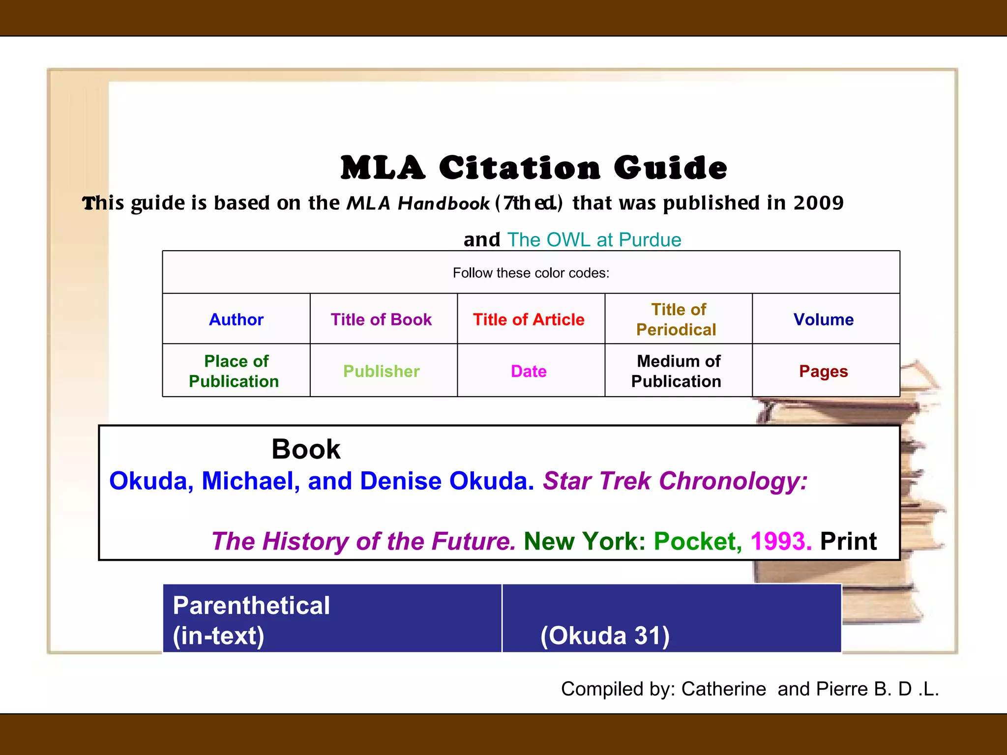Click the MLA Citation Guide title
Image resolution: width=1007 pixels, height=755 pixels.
(533, 168)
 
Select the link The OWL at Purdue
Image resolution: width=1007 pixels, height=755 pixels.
(594, 240)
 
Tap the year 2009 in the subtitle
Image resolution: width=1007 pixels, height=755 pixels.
(818, 203)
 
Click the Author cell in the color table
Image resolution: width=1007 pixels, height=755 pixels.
(236, 319)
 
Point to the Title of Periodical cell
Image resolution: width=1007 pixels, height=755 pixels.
(678, 319)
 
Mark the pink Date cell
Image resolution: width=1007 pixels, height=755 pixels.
(529, 371)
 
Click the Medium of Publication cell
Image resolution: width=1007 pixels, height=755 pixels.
(678, 371)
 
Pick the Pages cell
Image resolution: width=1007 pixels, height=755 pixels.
(824, 371)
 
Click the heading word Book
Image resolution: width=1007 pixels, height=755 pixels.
(306, 449)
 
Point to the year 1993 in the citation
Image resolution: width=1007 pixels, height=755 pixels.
(780, 541)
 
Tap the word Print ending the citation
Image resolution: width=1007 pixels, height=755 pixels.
(848, 541)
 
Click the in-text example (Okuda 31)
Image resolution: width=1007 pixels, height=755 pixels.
(605, 636)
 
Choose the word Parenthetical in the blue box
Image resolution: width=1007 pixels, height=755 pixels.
(251, 606)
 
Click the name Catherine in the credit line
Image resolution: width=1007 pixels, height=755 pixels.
(723, 689)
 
